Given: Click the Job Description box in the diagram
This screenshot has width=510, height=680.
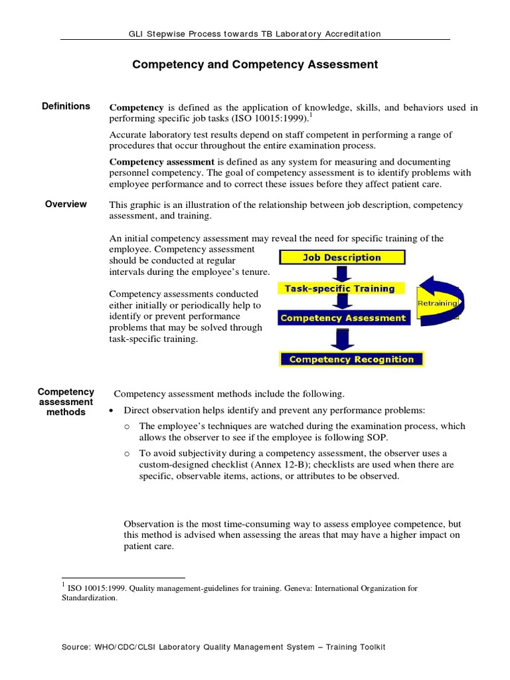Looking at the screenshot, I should pyautogui.click(x=342, y=258).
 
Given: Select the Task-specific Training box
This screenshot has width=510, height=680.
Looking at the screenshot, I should pyautogui.click(x=339, y=289).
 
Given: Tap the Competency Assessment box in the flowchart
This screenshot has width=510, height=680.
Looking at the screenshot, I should pyautogui.click(x=343, y=318).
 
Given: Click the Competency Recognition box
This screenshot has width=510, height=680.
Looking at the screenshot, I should pyautogui.click(x=351, y=359).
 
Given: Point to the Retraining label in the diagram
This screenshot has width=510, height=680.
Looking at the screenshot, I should pyautogui.click(x=437, y=303).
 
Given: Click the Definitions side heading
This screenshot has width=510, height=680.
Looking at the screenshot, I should pyautogui.click(x=66, y=106).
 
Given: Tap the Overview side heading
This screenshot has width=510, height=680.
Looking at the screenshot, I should pyautogui.click(x=66, y=205).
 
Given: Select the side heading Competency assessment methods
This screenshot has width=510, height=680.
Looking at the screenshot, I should pyautogui.click(x=66, y=402).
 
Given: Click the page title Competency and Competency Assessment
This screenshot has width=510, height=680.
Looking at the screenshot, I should pyautogui.click(x=255, y=65).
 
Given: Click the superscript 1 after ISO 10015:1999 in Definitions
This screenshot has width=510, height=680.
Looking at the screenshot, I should pyautogui.click(x=311, y=116).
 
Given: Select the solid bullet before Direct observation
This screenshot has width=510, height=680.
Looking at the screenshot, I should pyautogui.click(x=110, y=410).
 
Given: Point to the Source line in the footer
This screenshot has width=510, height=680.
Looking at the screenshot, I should pyautogui.click(x=255, y=647).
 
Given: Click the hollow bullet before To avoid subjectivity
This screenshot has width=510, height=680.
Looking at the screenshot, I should pyautogui.click(x=127, y=453).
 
